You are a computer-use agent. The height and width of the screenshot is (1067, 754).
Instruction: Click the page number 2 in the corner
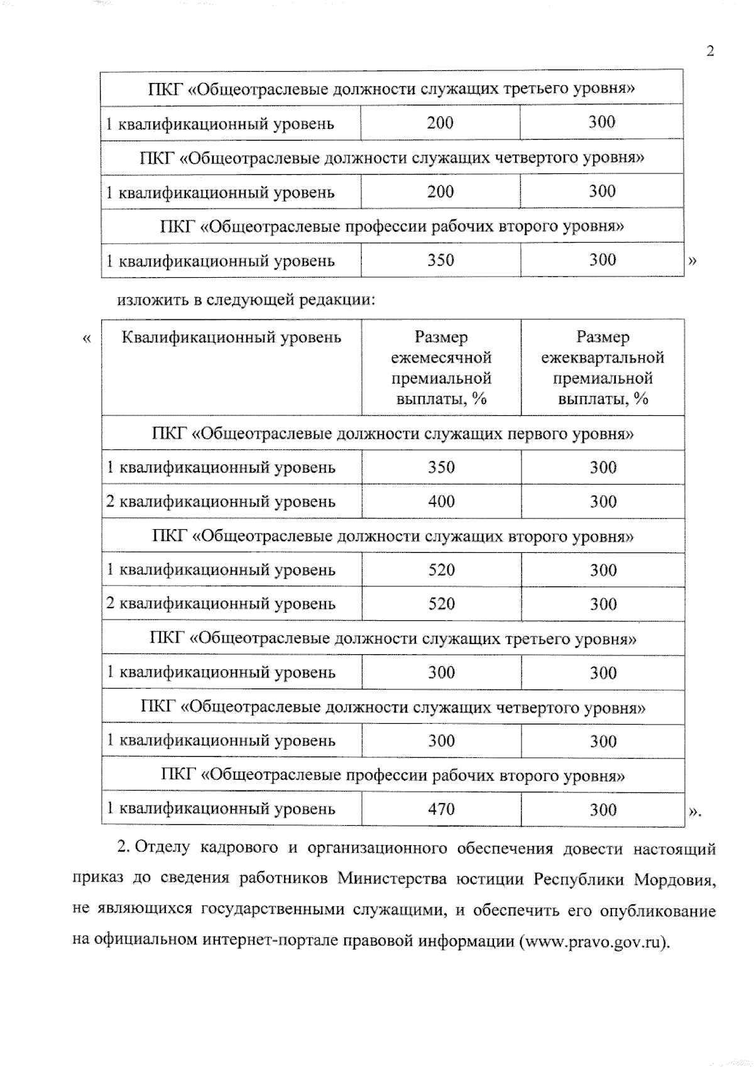click(x=710, y=51)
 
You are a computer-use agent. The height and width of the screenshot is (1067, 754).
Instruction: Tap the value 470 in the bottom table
click(x=441, y=809)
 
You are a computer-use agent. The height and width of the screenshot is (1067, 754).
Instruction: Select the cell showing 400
click(x=441, y=501)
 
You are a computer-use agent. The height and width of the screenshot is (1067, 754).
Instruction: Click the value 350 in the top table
click(x=440, y=260)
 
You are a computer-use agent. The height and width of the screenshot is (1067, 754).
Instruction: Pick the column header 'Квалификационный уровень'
click(x=231, y=337)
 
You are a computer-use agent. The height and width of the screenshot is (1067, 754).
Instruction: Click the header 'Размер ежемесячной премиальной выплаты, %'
click(x=441, y=368)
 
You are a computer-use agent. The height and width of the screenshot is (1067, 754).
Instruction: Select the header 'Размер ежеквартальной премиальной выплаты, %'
click(x=603, y=368)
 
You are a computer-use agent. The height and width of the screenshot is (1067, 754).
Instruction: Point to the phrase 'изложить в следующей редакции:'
click(x=246, y=300)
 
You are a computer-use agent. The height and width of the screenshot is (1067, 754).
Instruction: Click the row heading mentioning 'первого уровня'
click(x=393, y=434)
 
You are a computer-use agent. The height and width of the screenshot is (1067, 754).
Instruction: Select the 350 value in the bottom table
click(x=441, y=468)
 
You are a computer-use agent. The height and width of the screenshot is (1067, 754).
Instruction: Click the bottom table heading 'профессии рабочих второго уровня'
click(x=393, y=775)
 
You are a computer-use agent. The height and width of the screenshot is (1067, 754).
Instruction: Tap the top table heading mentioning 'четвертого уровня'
click(x=393, y=157)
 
